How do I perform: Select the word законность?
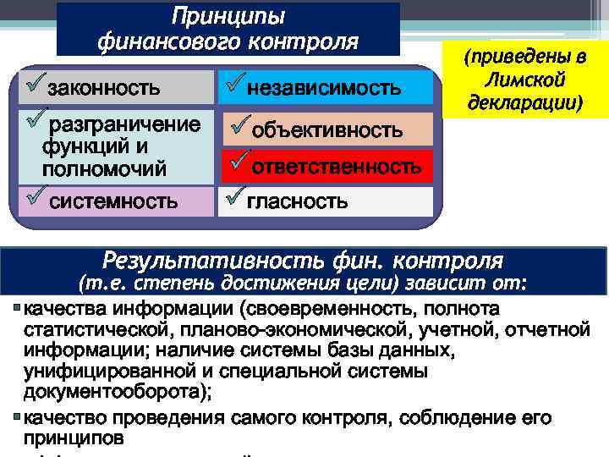tap(103, 87)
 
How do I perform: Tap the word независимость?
tap(324, 87)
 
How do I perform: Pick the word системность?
tap(113, 201)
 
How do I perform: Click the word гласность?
tap(297, 201)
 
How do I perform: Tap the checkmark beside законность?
tap(36, 82)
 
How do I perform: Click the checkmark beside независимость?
tap(235, 82)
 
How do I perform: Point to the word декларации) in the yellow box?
tap(524, 102)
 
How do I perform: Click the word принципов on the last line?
tap(74, 439)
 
